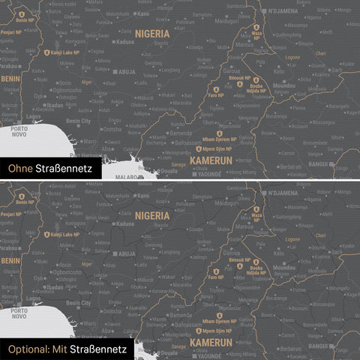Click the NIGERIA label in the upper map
[152, 34]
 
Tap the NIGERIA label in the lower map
[152, 215]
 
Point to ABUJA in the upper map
[125, 73]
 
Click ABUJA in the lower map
[125, 254]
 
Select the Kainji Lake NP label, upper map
[66, 52]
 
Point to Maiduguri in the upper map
[226, 22]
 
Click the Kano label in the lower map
[142, 195]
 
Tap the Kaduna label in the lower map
[124, 223]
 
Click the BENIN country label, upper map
[10, 79]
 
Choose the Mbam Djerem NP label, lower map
[217, 320]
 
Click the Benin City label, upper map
[79, 121]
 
